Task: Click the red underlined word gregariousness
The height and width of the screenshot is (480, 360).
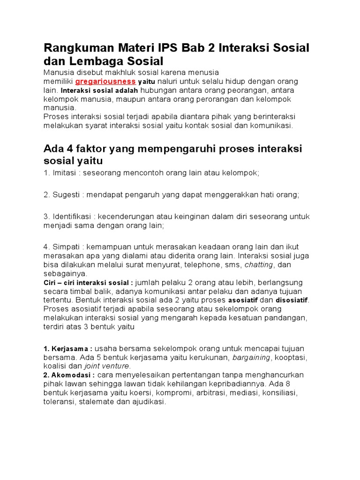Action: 105,81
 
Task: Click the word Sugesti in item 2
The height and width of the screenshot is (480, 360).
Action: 67,195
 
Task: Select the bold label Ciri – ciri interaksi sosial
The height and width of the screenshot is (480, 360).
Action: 88,283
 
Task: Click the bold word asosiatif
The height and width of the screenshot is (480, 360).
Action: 243,300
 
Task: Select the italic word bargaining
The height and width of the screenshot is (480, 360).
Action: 251,357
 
